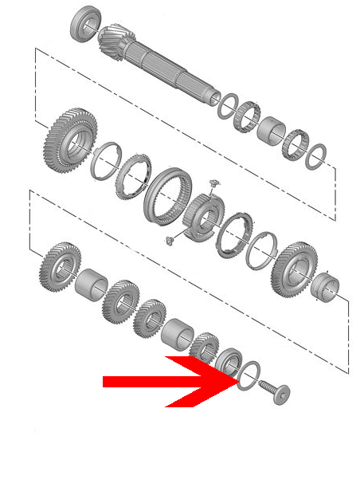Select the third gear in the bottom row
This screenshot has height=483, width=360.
[x=150, y=318]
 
